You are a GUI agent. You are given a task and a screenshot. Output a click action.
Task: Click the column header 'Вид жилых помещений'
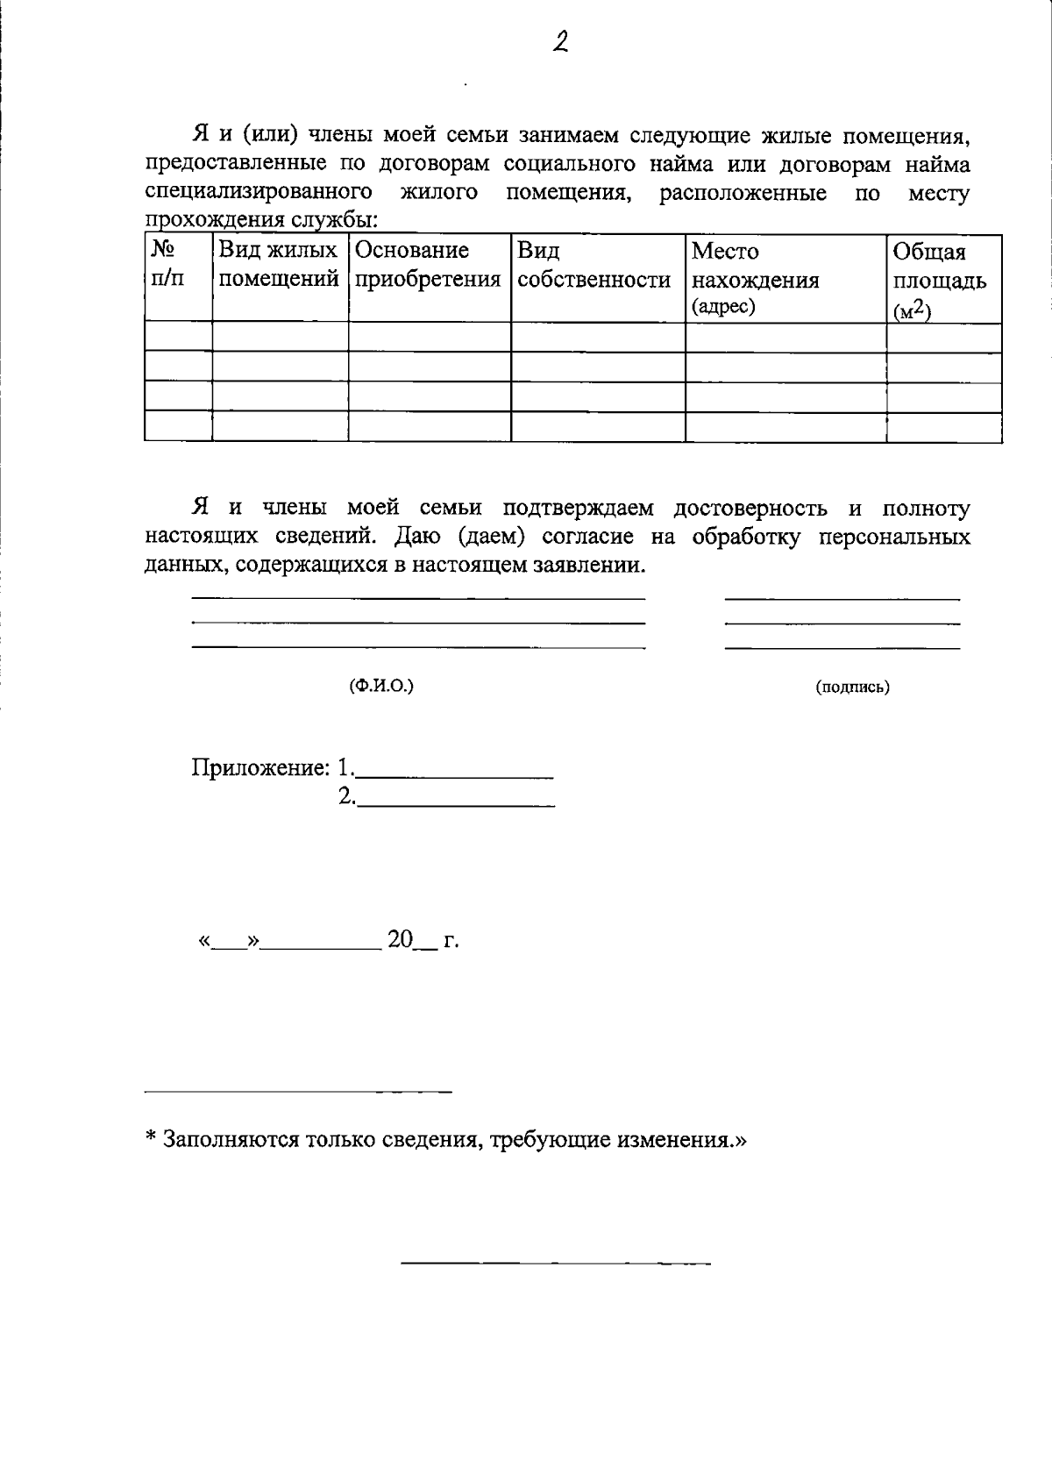pos(279,266)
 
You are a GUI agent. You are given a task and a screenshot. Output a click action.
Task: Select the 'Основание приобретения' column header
pos(429,266)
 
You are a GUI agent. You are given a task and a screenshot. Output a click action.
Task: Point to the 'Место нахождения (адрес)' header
pos(755,279)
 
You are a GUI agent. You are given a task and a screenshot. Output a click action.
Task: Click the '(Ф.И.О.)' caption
pos(381,686)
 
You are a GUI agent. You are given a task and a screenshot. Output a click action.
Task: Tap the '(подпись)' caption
pos(852,688)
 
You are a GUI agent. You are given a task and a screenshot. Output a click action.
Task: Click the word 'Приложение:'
pos(260,768)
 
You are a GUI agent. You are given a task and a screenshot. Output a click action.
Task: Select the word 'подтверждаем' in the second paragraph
pos(578,509)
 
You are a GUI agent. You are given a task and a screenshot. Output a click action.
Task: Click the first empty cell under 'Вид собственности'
pos(597,337)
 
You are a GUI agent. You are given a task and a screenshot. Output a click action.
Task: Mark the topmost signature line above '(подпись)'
pos(842,599)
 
